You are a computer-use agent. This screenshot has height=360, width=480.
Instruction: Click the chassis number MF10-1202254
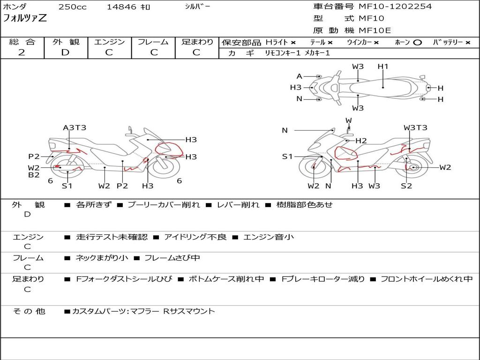(x=395, y=7)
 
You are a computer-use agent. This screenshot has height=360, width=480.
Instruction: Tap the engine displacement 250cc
(x=73, y=7)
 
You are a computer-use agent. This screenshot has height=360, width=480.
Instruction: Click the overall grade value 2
(x=22, y=52)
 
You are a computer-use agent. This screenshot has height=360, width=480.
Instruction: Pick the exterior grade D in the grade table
(x=66, y=52)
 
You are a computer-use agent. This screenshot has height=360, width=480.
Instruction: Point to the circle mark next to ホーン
(x=417, y=43)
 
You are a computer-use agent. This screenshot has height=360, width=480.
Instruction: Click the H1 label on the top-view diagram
(x=383, y=67)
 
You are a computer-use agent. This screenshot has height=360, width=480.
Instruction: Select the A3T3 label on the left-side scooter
(x=75, y=127)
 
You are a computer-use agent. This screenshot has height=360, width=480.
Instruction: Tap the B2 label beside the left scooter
(x=34, y=175)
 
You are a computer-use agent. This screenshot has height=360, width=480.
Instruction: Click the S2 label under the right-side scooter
(x=406, y=186)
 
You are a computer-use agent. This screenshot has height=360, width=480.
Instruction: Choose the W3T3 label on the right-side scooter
(x=415, y=127)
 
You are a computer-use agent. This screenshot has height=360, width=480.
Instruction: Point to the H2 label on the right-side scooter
(x=361, y=141)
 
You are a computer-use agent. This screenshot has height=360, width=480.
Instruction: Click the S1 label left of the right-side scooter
(x=287, y=157)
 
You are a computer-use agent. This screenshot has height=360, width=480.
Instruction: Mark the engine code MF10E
(x=375, y=30)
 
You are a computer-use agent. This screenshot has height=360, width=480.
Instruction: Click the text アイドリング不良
(x=195, y=237)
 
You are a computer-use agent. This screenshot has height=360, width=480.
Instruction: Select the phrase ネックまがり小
(x=102, y=258)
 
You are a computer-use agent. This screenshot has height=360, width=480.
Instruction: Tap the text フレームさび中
(x=172, y=258)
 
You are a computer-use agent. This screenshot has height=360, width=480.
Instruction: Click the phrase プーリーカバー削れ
(x=164, y=205)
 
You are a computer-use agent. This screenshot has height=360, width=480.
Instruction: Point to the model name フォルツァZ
(x=25, y=18)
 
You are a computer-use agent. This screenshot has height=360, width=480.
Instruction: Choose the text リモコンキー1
(x=283, y=53)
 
